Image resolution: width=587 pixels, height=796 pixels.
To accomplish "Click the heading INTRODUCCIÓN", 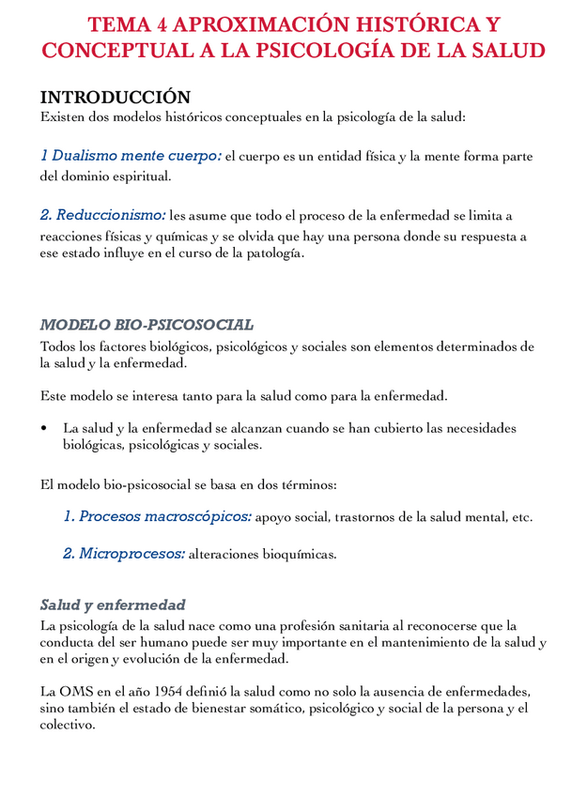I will [x=115, y=97].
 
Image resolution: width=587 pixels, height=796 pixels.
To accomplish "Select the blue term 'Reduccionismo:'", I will [x=103, y=216].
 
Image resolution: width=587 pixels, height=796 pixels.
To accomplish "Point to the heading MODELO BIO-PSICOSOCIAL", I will [x=147, y=325].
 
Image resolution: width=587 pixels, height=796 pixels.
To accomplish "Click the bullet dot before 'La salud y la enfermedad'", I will [x=44, y=428].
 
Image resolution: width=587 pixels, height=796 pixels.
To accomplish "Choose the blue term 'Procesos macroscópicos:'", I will [x=157, y=516].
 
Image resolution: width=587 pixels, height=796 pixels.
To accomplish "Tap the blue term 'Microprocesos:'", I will [x=124, y=554].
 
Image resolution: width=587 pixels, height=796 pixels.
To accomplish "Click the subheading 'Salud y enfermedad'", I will [x=113, y=605].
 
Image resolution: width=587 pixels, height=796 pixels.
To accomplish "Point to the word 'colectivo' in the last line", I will [x=66, y=726].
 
